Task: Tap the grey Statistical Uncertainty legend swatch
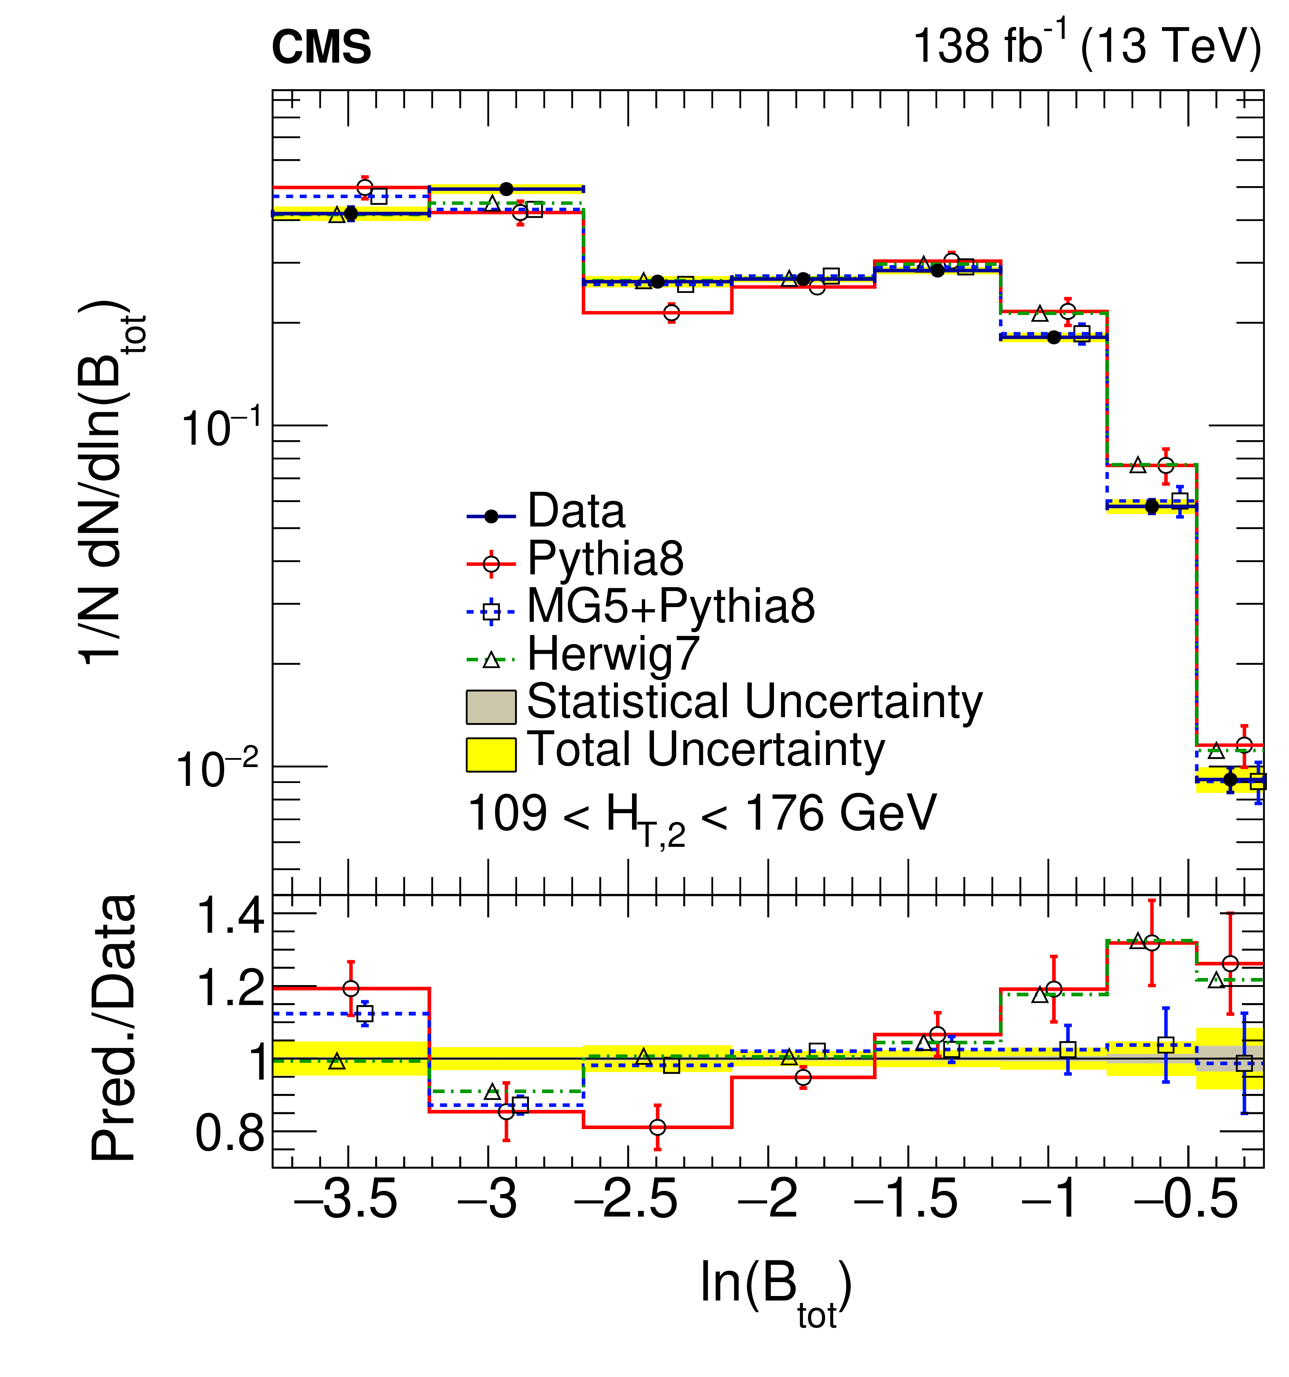tap(491, 706)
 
